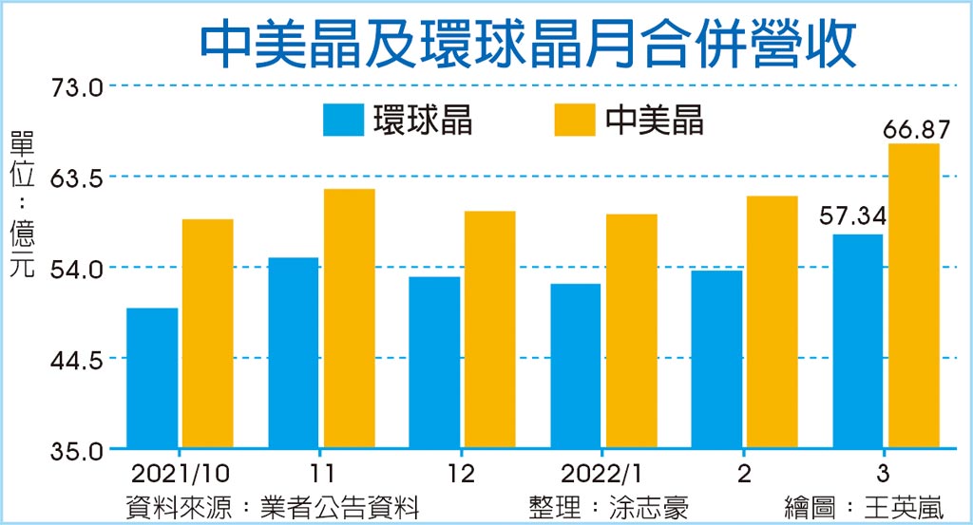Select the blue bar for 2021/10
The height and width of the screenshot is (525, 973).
pyautogui.click(x=152, y=378)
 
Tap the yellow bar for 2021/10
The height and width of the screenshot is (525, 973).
pyautogui.click(x=208, y=333)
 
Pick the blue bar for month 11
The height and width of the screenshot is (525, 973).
pyautogui.click(x=293, y=352)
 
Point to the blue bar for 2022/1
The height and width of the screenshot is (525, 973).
pyautogui.click(x=575, y=366)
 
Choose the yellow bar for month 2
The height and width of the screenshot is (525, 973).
pyautogui.click(x=773, y=322)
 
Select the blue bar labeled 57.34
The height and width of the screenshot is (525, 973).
pyautogui.click(x=857, y=341)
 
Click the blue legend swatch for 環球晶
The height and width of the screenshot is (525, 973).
pyautogui.click(x=343, y=121)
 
